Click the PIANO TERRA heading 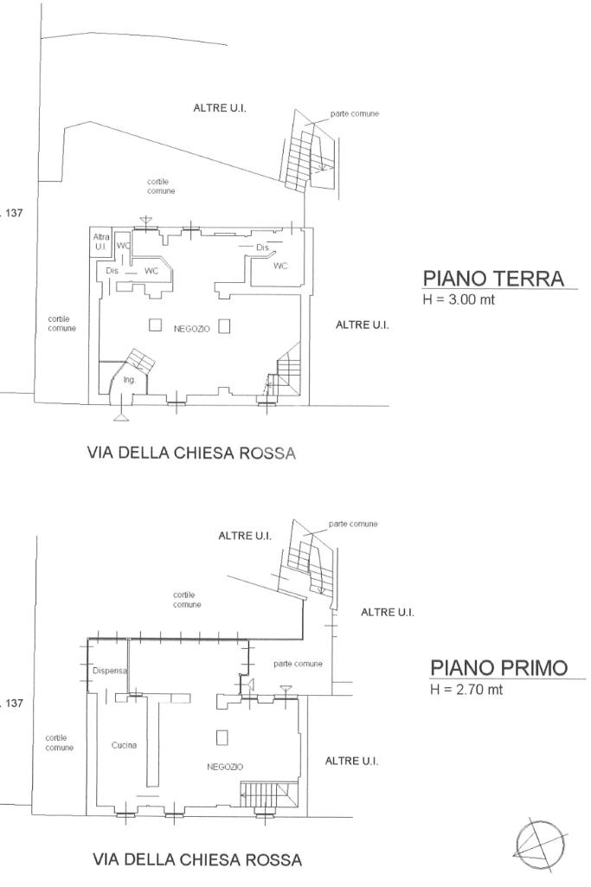coord(493,279)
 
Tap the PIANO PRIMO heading coord(498,667)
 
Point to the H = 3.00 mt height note coord(459,299)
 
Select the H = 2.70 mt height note coord(466,689)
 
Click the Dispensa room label coord(110,671)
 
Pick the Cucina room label coord(124,745)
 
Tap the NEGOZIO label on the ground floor coord(192,329)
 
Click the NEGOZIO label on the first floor coord(225,767)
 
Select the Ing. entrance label coord(130,380)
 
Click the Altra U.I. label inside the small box coord(101,241)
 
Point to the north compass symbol coord(540,845)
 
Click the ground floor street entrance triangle coord(120,417)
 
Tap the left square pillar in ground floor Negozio coord(156,325)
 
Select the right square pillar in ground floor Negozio coord(224,326)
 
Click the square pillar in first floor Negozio coord(222,737)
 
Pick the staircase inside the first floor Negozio coord(268,794)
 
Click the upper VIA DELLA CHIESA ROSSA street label coord(191,453)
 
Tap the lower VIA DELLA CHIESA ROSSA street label coord(196,860)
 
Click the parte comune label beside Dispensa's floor coord(298,664)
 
